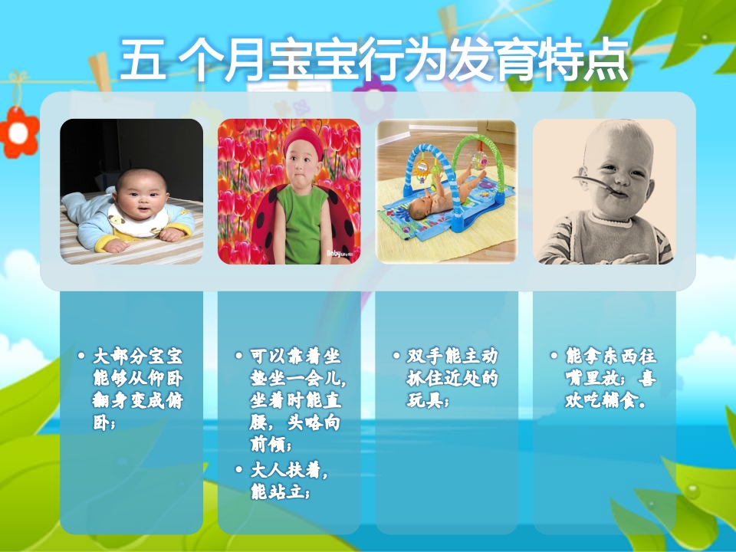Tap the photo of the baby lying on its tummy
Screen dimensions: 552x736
click(132, 192)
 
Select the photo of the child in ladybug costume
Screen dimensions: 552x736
click(289, 192)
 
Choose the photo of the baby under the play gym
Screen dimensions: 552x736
click(446, 192)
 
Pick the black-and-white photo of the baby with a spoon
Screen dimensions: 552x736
click(604, 192)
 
